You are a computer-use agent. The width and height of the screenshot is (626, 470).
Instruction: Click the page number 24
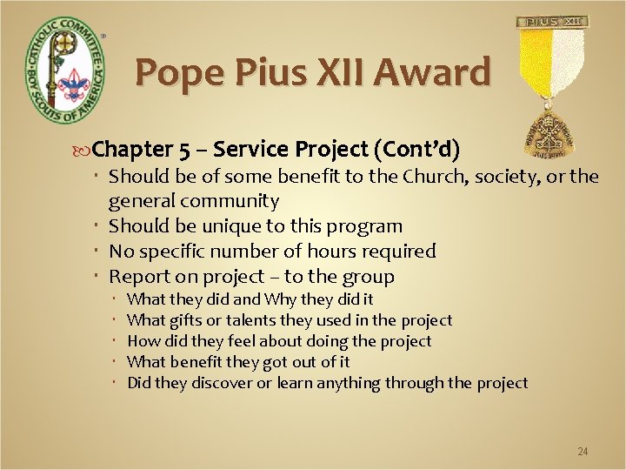[583, 452]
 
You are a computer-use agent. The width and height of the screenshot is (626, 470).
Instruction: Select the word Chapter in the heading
[133, 149]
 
